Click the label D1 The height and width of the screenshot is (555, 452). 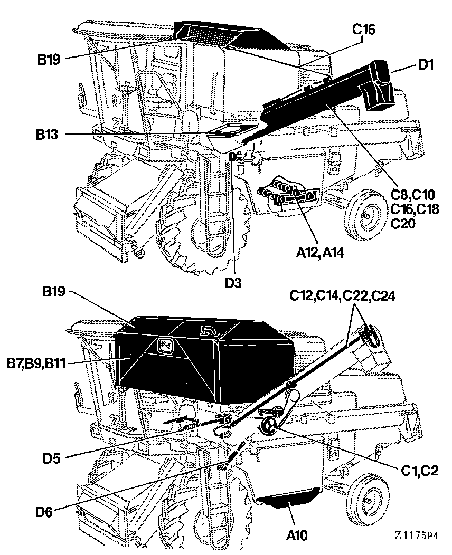(x=427, y=64)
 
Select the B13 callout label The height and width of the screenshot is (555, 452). (x=47, y=135)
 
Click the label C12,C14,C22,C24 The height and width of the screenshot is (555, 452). (x=342, y=295)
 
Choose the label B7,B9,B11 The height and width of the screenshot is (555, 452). (x=36, y=363)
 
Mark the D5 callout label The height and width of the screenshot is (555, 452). (x=52, y=458)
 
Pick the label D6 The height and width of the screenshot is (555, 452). (x=44, y=512)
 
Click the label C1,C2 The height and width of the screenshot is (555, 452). (x=420, y=471)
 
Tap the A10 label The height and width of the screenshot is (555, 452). (x=297, y=535)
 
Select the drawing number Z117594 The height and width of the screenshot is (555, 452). (x=416, y=535)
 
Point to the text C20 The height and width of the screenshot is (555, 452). (x=403, y=223)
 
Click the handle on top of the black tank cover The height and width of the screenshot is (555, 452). (x=208, y=330)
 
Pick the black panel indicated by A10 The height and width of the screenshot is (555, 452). (x=288, y=496)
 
